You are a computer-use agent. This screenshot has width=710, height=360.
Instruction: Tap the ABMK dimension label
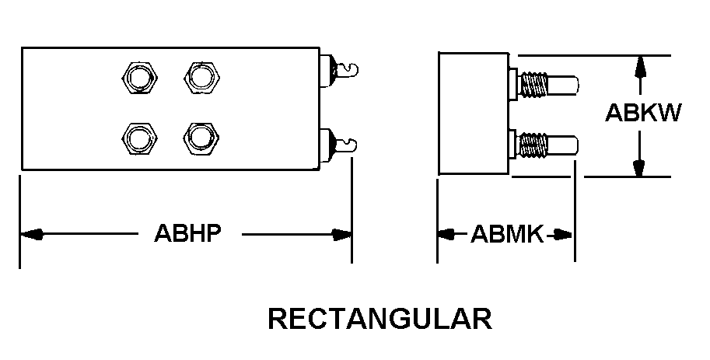tap(506, 234)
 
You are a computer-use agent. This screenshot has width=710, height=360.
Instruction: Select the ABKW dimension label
tap(644, 114)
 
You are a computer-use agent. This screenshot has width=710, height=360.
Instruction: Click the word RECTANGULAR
tap(379, 319)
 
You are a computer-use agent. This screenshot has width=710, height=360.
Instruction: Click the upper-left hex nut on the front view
tap(140, 78)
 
